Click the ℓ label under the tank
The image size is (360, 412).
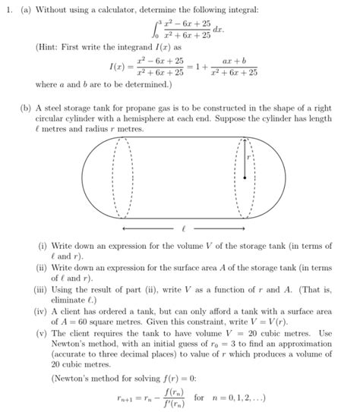[183, 227]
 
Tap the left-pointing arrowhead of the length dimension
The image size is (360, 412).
[124, 227]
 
